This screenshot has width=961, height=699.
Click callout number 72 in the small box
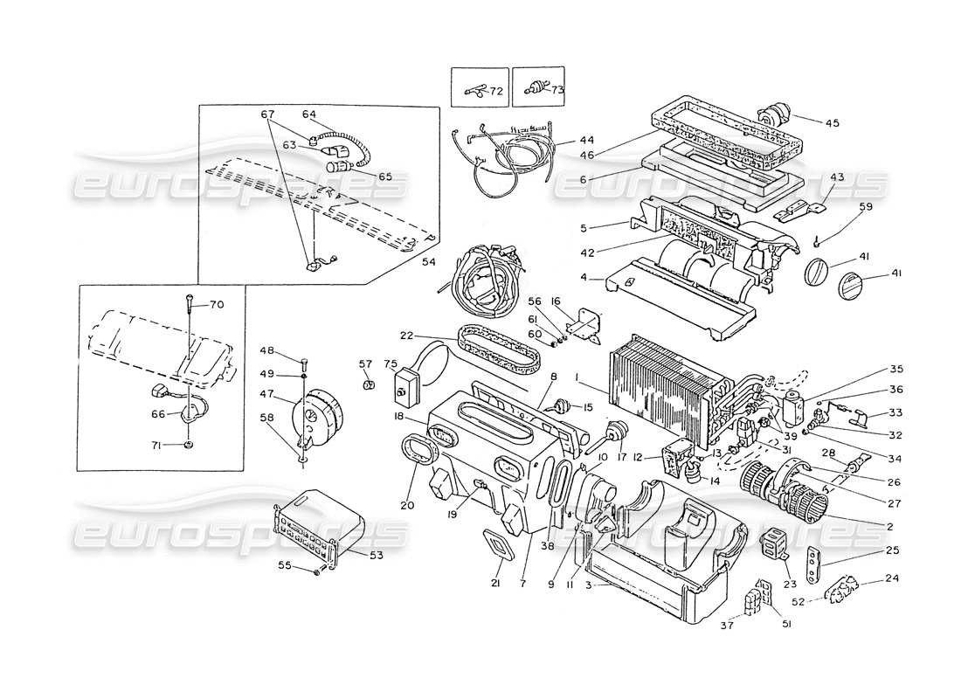[x=496, y=90]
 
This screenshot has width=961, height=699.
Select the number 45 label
[x=831, y=123]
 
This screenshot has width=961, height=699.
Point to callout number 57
[x=365, y=363]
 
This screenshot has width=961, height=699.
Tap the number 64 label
[x=309, y=114]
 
